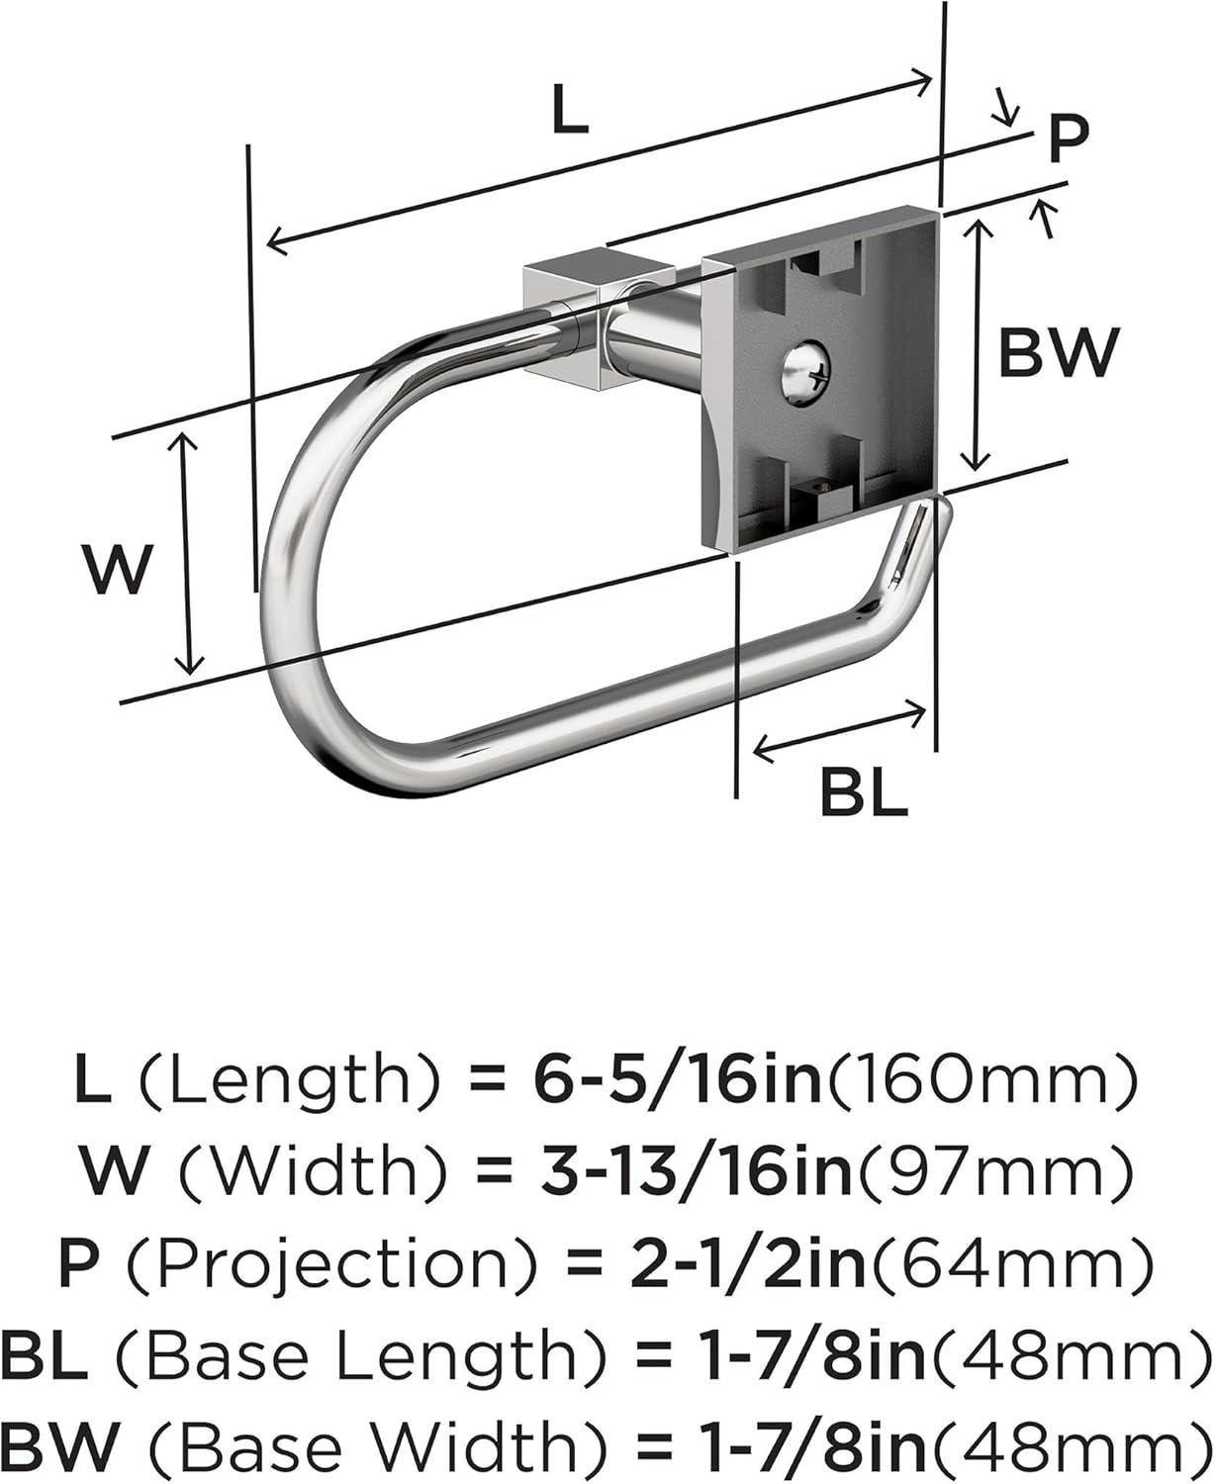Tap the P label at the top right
coord(1068,140)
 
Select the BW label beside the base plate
coord(1058,352)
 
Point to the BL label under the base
coord(864,792)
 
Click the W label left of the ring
coord(118,570)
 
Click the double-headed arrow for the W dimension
coord(187,553)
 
